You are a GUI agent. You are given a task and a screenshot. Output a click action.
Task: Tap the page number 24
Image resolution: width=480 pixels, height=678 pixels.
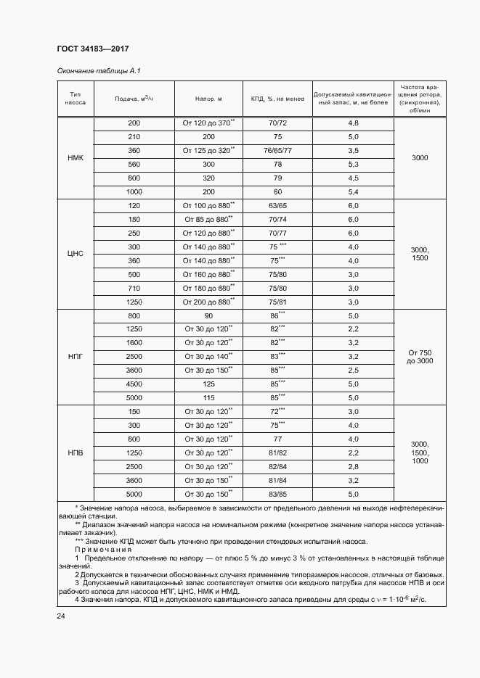(60, 616)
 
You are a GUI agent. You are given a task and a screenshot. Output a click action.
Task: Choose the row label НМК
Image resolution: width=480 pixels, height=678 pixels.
(75, 157)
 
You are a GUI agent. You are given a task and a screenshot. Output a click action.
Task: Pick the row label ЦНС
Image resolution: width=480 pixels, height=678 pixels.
(75, 254)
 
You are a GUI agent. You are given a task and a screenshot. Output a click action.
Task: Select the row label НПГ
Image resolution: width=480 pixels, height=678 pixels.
(75, 357)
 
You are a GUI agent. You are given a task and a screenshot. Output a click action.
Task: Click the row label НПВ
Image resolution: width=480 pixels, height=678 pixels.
(75, 452)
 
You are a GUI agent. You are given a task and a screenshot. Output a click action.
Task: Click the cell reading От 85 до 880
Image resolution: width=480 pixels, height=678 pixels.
(208, 219)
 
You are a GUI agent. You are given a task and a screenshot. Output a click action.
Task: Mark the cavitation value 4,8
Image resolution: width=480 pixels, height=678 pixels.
(354, 123)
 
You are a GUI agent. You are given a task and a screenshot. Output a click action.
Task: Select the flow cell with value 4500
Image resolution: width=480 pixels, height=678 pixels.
(134, 384)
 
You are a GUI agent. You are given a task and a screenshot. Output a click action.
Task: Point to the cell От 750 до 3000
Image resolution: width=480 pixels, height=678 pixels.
(420, 357)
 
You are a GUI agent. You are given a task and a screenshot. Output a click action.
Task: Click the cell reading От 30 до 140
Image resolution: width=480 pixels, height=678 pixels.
(208, 356)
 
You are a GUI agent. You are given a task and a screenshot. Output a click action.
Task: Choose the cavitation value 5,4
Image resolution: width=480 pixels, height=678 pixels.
(354, 192)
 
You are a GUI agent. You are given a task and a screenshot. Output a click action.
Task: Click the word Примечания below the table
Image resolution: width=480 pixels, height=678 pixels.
(110, 550)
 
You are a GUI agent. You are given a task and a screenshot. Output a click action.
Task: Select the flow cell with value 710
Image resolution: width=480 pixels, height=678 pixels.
(134, 288)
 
